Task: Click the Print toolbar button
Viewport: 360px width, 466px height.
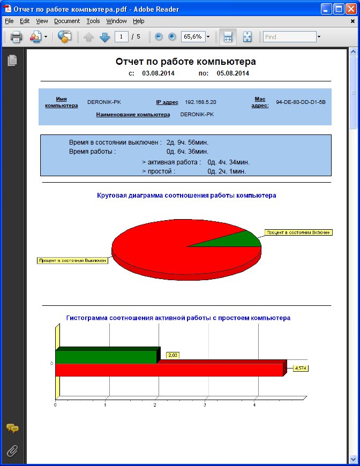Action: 16,37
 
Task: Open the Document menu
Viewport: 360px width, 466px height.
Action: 67,21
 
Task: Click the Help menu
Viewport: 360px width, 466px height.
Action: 139,21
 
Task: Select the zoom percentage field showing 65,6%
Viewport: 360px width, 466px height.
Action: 192,37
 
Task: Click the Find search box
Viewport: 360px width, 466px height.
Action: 289,37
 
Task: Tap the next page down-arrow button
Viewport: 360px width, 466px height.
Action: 104,37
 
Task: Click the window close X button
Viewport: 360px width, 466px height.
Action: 351,9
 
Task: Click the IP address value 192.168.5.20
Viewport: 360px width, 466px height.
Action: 200,102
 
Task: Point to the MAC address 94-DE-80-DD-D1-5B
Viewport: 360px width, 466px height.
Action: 301,102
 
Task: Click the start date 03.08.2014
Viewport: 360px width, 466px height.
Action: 158,73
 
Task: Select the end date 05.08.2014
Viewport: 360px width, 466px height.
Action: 233,73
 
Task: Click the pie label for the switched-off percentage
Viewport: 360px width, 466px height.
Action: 72,260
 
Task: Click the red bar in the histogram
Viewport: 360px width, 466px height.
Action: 169,370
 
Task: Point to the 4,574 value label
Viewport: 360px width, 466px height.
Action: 302,368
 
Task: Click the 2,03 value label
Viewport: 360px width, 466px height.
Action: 172,355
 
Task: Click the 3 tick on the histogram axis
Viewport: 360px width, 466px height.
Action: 205,405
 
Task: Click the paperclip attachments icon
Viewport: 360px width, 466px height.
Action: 12,451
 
